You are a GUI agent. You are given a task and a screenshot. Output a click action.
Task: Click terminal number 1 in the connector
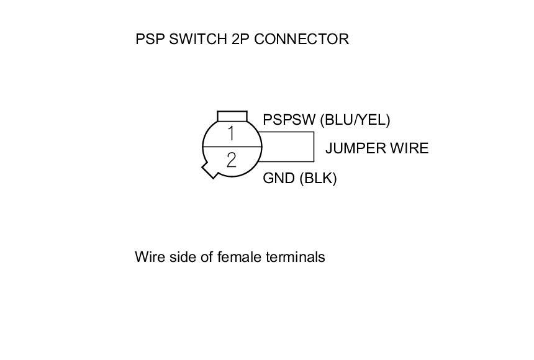231,133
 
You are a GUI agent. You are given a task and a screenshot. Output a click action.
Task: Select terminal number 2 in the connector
232,161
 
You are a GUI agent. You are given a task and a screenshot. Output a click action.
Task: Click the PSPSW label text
289,120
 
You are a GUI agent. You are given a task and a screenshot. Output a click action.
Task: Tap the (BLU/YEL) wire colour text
355,120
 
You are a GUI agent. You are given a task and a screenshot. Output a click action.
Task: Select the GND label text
279,179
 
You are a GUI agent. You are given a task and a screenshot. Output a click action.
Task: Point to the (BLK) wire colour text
318,179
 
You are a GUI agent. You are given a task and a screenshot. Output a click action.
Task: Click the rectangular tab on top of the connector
232,116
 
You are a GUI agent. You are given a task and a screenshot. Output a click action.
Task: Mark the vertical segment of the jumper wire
315,148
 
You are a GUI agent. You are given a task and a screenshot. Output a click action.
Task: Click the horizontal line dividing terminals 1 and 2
232,147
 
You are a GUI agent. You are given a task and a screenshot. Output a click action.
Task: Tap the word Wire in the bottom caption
147,257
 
